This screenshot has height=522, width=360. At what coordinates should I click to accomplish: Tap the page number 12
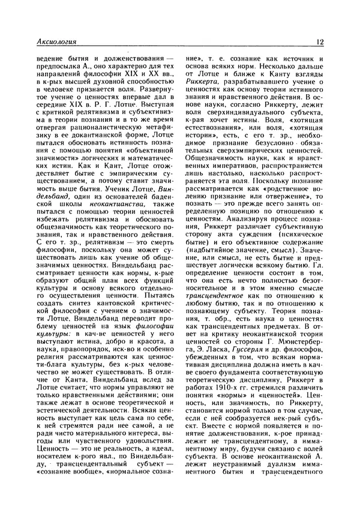pos(320,42)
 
